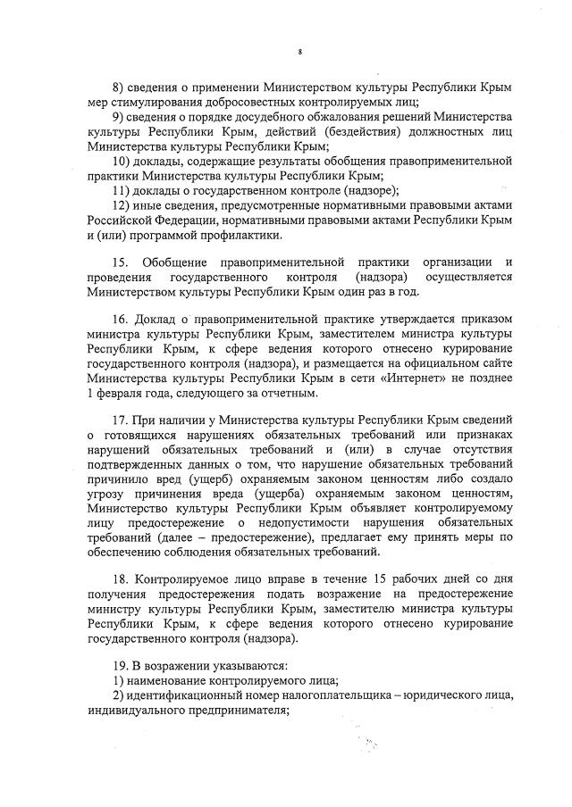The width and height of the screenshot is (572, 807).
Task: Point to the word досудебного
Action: click(x=268, y=117)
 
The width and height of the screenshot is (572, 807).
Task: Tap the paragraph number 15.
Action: click(x=119, y=262)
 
